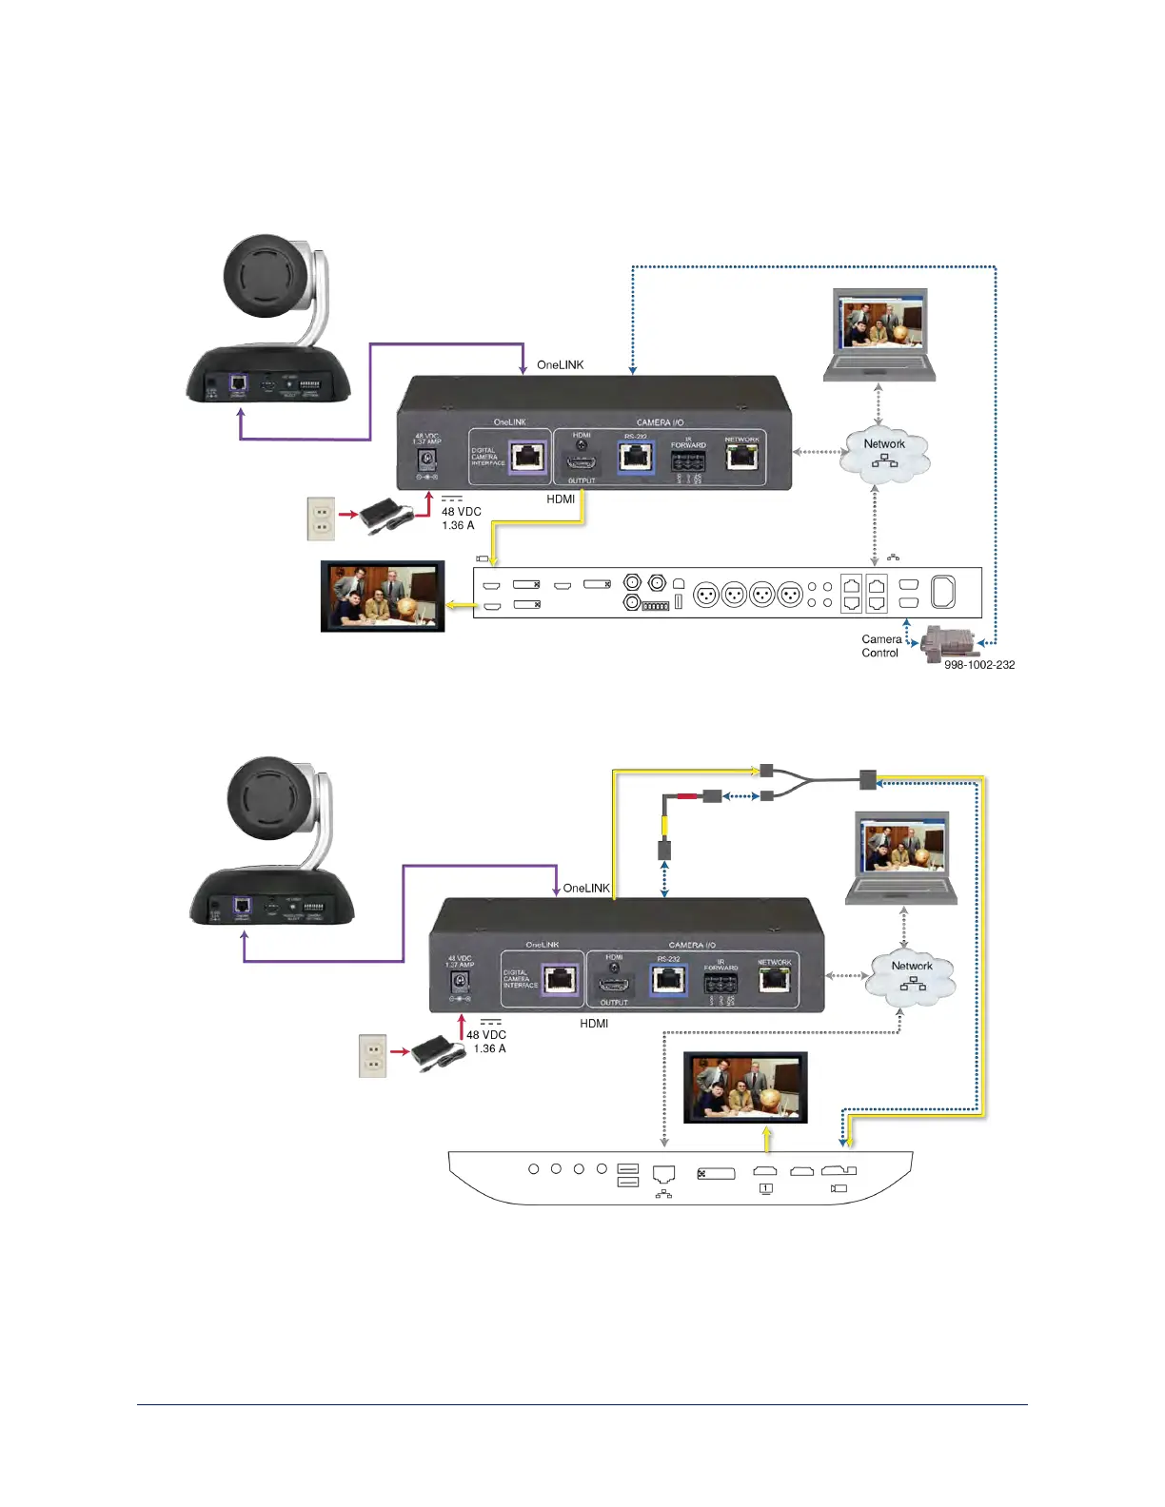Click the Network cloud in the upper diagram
[x=884, y=453]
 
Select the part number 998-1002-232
[x=978, y=665]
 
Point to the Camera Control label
[x=881, y=646]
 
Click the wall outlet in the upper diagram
[x=321, y=519]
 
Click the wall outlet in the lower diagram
[x=372, y=1055]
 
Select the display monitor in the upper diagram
[x=383, y=597]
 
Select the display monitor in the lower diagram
[x=745, y=1087]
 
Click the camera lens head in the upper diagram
[x=267, y=277]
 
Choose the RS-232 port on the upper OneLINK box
[x=636, y=458]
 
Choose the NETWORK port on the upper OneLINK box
[x=742, y=458]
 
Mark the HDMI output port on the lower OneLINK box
[x=614, y=985]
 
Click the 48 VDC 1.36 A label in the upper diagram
[x=461, y=519]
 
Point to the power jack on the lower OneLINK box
[x=461, y=981]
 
